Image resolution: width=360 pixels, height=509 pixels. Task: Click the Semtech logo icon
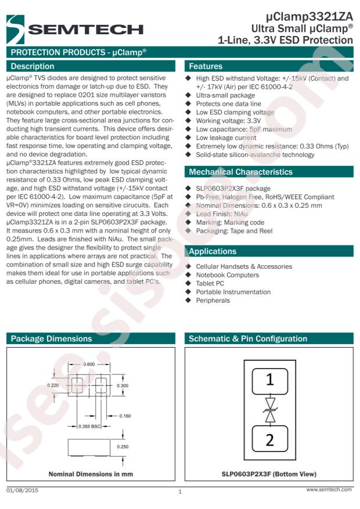coord(15,29)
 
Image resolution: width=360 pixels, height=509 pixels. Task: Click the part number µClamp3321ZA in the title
coord(309,17)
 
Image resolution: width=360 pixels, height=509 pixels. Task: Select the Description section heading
coord(33,66)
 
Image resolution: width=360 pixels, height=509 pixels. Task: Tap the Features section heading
coord(206,66)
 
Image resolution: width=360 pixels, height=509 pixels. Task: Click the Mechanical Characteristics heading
coord(240,172)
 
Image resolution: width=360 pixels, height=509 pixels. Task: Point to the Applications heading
coord(213,251)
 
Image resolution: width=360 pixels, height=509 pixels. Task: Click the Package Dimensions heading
coord(51,338)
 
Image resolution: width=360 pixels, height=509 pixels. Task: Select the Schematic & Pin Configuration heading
coord(248,338)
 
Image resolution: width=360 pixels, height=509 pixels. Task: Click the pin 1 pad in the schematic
coord(270,381)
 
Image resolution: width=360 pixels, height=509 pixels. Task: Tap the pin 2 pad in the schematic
coord(270,439)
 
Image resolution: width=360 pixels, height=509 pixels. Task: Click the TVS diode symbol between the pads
coord(270,410)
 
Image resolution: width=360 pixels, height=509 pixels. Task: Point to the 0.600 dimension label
coord(89,364)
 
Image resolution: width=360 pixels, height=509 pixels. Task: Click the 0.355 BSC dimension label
coord(89,426)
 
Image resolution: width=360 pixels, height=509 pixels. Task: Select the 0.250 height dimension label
coord(123,447)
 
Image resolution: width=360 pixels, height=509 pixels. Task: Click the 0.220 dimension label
coord(53,385)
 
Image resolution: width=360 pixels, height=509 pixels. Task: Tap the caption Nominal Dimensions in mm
coord(91,474)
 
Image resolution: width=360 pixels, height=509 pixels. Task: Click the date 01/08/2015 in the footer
coord(22,490)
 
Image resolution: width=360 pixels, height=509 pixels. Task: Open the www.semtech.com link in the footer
coord(329,489)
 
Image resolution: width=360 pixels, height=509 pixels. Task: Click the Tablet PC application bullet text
coord(210,283)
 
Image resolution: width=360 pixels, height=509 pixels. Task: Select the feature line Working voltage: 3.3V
coord(228,121)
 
